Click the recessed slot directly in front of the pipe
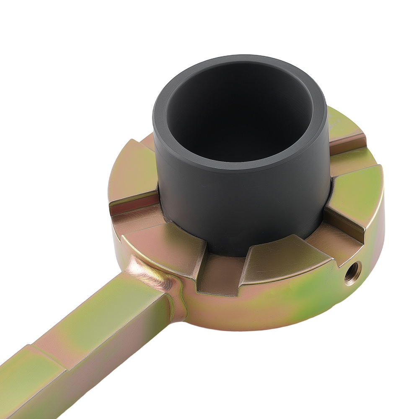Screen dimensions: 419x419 pos(222,272)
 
